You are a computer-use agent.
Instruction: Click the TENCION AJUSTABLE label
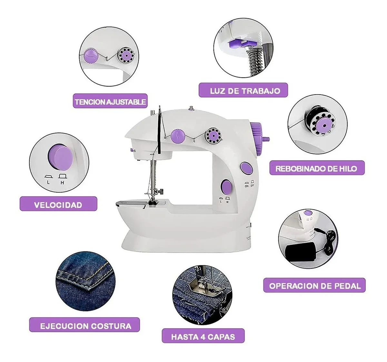110,102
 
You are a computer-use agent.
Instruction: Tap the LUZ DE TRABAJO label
243,91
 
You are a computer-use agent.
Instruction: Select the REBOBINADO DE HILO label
317,168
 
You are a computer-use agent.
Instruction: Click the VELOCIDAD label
58,205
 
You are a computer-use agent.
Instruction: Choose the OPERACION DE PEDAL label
315,286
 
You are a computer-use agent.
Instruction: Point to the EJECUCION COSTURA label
85,326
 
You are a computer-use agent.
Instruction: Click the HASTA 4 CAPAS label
203,337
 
